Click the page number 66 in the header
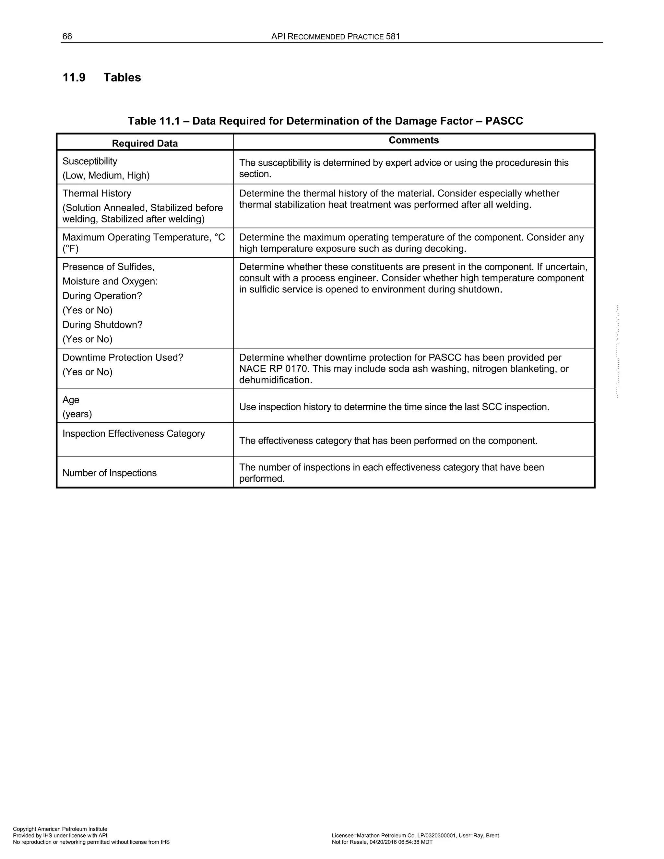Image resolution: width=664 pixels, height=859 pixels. pyautogui.click(x=67, y=37)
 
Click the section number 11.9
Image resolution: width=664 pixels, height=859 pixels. pyautogui.click(x=74, y=77)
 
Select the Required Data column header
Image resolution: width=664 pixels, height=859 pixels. pyautogui.click(x=145, y=143)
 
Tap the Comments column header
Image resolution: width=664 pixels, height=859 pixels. pyautogui.click(x=413, y=140)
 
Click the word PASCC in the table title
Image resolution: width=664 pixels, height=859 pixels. pyautogui.click(x=504, y=121)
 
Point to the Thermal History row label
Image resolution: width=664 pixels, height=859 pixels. pyautogui.click(x=97, y=194)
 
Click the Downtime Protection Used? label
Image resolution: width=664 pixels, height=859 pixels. pyautogui.click(x=123, y=358)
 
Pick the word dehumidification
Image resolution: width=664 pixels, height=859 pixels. pyautogui.click(x=275, y=380)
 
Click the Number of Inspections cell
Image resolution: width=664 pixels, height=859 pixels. pyautogui.click(x=109, y=473)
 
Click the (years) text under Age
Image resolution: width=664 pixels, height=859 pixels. pyautogui.click(x=77, y=414)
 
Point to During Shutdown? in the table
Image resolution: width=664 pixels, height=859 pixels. pyautogui.click(x=102, y=325)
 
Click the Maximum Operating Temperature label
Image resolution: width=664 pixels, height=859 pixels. pyautogui.click(x=144, y=238)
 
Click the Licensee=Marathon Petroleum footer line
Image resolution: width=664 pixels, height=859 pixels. pyautogui.click(x=415, y=835)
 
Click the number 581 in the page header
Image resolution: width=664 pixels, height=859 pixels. pyautogui.click(x=393, y=37)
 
